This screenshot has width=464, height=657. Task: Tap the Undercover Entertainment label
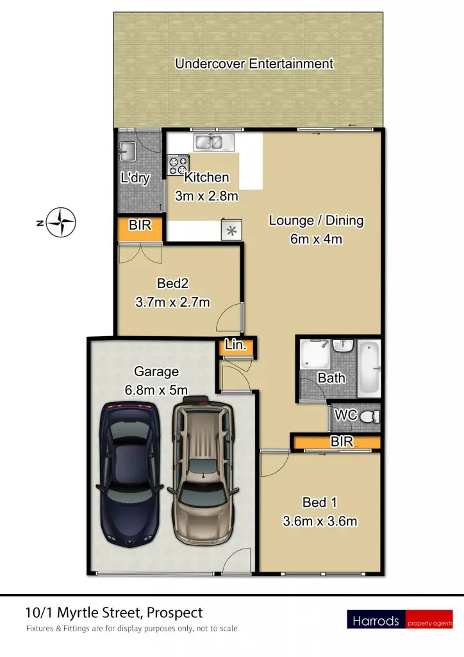pos(254,64)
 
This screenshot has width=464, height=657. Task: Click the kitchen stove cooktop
pos(177,166)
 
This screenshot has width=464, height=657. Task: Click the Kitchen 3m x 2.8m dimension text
pos(206,196)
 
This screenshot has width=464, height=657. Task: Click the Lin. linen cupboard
pos(236,346)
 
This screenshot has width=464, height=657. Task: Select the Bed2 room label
pos(172,283)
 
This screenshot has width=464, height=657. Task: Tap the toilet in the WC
pos(368,418)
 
